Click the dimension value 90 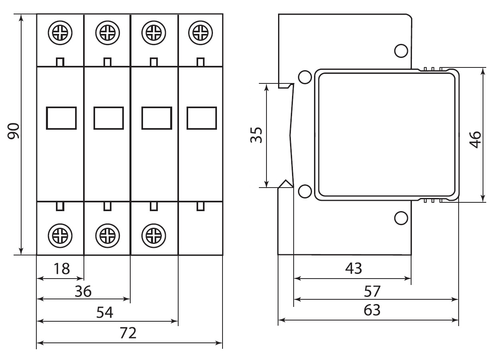click(14, 131)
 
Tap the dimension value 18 click(62, 269)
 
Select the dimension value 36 click(83, 291)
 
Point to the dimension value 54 click(105, 313)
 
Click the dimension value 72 click(128, 333)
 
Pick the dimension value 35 click(256, 135)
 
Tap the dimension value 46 click(475, 140)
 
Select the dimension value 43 click(354, 268)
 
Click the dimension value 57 click(372, 291)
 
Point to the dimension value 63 click(372, 310)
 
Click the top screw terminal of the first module click(60, 33)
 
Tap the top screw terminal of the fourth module click(201, 33)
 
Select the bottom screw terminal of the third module click(154, 236)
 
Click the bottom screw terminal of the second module click(107, 236)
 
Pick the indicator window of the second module click(109, 118)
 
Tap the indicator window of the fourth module click(202, 118)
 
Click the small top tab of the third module click(154, 62)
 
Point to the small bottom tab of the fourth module click(201, 206)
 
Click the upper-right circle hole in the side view click(401, 51)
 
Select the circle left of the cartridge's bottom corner click(305, 191)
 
